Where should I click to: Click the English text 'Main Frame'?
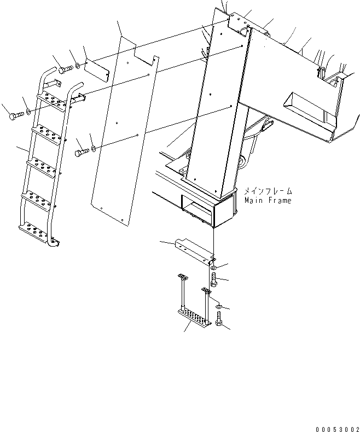pyautogui.click(x=268, y=201)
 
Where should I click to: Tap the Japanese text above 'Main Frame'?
pyautogui.click(x=268, y=191)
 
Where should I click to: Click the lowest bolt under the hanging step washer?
pyautogui.click(x=219, y=318)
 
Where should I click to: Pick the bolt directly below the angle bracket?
pyautogui.click(x=214, y=280)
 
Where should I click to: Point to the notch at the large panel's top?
pyautogui.click(x=143, y=55)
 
